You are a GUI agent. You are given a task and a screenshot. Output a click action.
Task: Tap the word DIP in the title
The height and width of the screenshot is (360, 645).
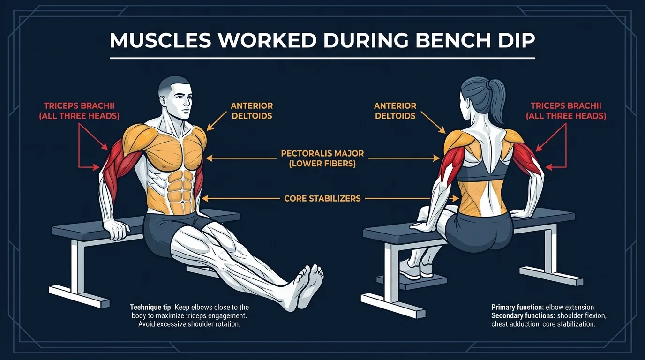click(515, 41)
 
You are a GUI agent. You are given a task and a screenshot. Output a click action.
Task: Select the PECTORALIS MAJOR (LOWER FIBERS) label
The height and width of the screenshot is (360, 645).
click(322, 158)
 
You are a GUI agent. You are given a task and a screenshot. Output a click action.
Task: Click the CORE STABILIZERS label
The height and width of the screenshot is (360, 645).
click(322, 199)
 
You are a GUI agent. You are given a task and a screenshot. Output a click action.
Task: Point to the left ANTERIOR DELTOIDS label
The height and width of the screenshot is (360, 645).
click(252, 111)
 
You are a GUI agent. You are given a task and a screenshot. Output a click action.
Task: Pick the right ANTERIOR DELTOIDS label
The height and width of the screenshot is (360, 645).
click(395, 111)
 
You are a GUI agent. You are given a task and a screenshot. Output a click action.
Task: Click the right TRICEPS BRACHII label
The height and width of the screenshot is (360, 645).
click(566, 111)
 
